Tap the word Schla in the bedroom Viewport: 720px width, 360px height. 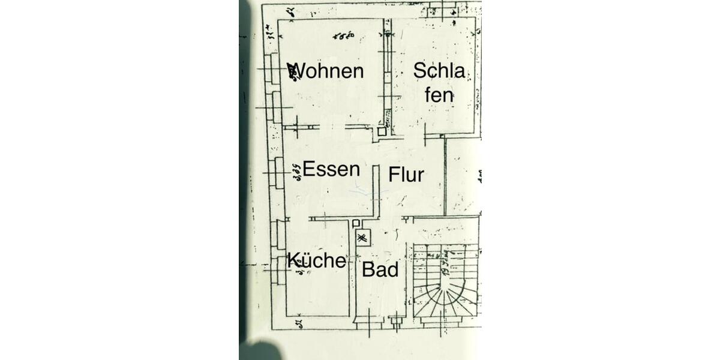[x=439, y=71]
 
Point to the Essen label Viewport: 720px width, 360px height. [x=331, y=169]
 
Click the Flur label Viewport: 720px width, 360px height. [x=406, y=175]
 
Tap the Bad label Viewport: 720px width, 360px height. [x=380, y=270]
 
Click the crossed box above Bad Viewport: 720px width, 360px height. [x=362, y=238]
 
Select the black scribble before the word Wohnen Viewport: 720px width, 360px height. [x=293, y=71]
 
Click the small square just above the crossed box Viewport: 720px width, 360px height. [x=356, y=223]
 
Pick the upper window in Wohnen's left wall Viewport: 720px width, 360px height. [x=275, y=69]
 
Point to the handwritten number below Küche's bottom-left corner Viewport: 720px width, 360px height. [x=298, y=325]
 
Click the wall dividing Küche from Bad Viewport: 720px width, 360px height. [x=350, y=270]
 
